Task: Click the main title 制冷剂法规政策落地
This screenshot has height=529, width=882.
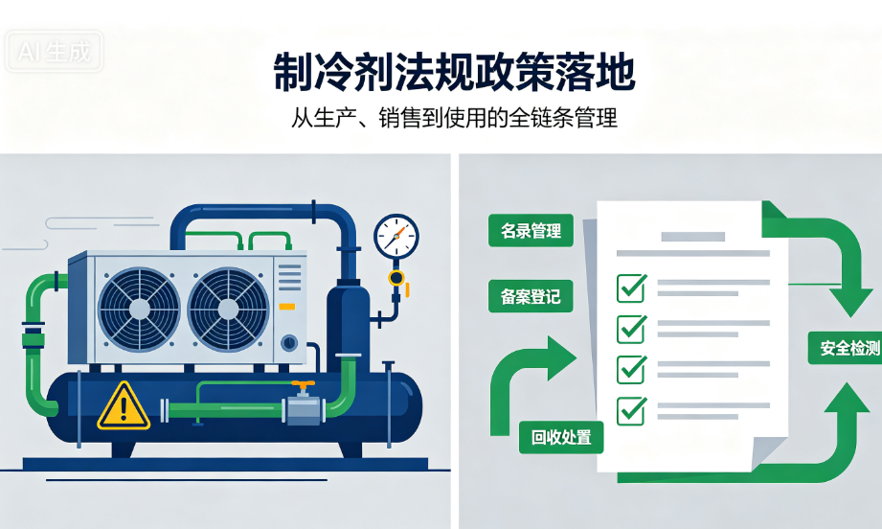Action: (x=455, y=72)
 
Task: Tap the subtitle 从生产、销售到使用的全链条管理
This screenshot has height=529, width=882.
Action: (x=455, y=118)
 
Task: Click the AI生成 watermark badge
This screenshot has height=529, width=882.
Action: (x=54, y=52)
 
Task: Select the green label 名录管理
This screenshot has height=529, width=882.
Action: (x=531, y=230)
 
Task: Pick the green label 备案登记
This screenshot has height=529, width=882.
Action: (x=531, y=296)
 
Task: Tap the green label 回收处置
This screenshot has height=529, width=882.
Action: (x=561, y=437)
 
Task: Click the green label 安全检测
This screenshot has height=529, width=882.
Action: (x=846, y=348)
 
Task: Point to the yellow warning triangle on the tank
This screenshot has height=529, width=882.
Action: (x=124, y=405)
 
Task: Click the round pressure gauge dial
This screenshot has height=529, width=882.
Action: (x=396, y=237)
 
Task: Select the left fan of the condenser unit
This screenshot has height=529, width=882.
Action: (x=139, y=310)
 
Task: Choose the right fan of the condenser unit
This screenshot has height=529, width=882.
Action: (x=228, y=310)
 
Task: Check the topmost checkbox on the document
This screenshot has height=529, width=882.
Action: (x=632, y=287)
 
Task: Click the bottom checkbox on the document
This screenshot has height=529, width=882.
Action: (x=632, y=410)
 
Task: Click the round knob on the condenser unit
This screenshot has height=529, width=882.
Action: (x=289, y=342)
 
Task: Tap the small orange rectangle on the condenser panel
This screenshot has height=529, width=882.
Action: (x=287, y=307)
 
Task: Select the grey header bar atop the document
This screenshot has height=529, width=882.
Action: (x=693, y=237)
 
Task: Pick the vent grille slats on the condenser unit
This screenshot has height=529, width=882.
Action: (x=289, y=276)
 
